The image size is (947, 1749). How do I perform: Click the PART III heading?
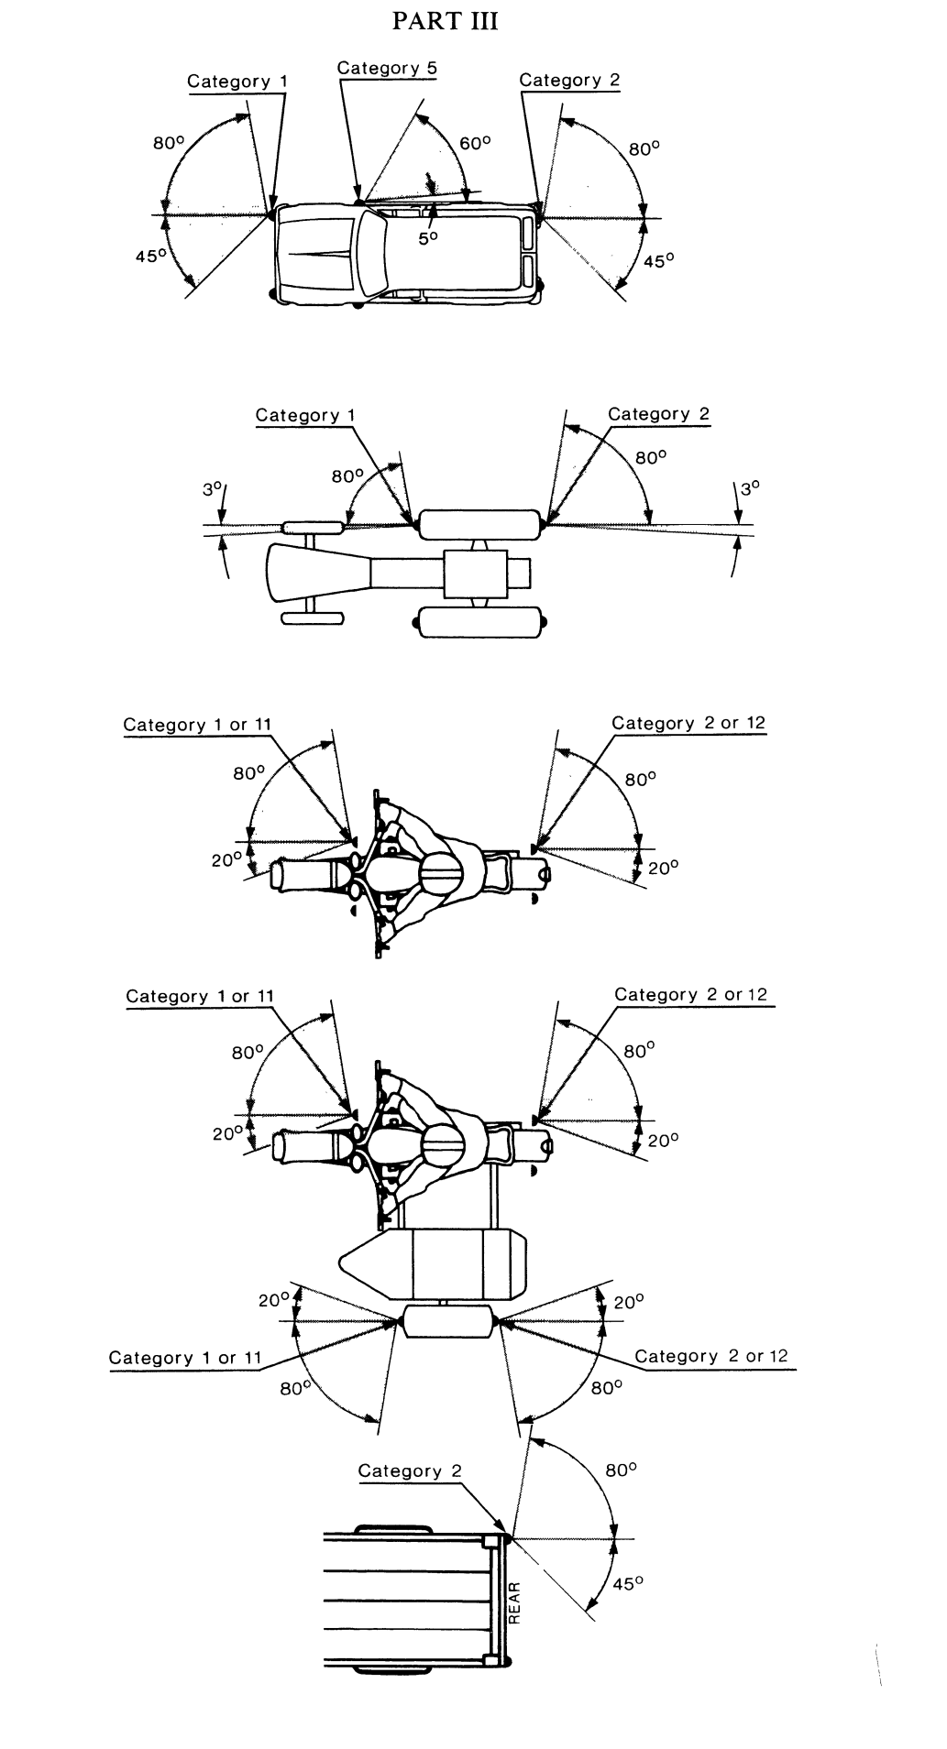pyautogui.click(x=445, y=22)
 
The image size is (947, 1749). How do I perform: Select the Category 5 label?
pyautogui.click(x=387, y=68)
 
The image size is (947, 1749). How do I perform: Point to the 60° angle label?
pyautogui.click(x=476, y=143)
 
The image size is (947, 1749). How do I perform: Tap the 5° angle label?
pyautogui.click(x=428, y=237)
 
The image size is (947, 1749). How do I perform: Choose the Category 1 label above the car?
pyautogui.click(x=237, y=82)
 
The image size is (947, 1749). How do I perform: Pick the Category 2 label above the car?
pyautogui.click(x=569, y=80)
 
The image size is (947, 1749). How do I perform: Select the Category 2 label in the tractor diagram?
pyautogui.click(x=658, y=414)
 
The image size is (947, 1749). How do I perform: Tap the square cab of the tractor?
pyautogui.click(x=475, y=574)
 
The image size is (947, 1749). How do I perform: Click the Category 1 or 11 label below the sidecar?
pyautogui.click(x=185, y=1357)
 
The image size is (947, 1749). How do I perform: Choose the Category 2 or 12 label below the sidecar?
pyautogui.click(x=711, y=1355)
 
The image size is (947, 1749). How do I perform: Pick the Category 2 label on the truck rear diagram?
pyautogui.click(x=410, y=1470)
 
